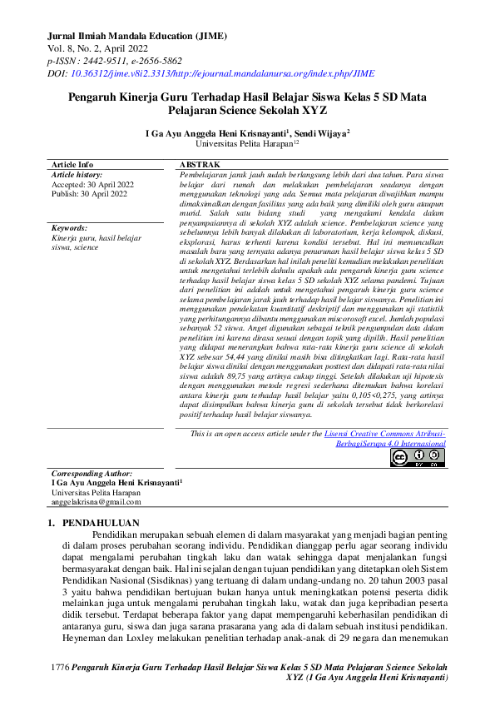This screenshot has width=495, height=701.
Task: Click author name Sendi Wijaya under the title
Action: click(323, 132)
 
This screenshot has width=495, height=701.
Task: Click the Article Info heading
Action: click(72, 165)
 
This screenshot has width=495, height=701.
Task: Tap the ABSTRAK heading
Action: click(200, 165)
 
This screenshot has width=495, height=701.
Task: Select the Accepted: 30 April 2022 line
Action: click(92, 185)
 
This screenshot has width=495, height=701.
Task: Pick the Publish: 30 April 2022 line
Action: click(90, 194)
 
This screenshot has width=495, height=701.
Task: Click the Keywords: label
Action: click(70, 227)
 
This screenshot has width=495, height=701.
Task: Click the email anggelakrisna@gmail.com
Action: click(96, 502)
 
